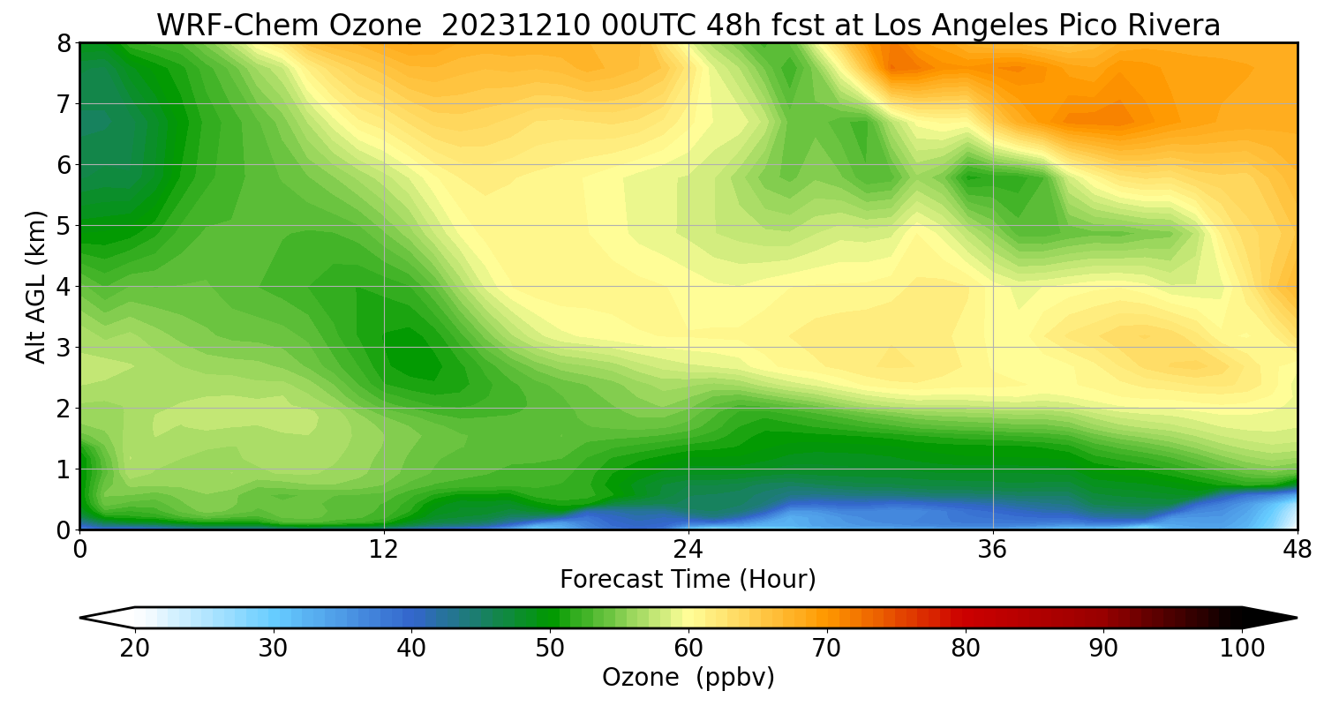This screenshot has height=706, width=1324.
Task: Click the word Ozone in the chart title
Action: [x=375, y=26]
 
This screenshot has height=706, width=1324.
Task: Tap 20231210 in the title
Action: [x=516, y=26]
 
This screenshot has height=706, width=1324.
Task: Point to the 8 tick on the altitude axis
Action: [x=64, y=44]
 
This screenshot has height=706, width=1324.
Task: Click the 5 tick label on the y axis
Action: [x=64, y=226]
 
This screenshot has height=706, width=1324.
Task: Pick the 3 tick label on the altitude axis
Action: [x=64, y=348]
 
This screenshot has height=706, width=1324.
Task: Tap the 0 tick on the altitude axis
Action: [x=64, y=530]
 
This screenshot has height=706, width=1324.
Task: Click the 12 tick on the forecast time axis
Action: [x=384, y=550]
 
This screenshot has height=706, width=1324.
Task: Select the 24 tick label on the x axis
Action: [x=688, y=550]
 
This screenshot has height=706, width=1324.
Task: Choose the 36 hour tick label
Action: [x=992, y=550]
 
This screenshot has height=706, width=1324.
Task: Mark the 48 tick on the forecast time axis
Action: [x=1298, y=550]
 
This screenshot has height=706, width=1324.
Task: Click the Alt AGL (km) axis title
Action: [x=35, y=287]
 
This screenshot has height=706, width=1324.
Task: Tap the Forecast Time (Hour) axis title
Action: [x=688, y=580]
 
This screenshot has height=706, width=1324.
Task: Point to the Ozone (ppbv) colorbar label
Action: [x=688, y=678]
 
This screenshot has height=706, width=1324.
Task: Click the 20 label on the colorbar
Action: [x=135, y=649]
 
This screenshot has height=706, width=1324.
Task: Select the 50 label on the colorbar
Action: [x=550, y=649]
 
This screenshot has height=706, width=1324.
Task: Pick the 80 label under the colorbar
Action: [x=966, y=649]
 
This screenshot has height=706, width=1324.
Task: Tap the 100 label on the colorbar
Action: [x=1242, y=649]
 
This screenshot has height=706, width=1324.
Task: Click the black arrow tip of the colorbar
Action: [x=1297, y=618]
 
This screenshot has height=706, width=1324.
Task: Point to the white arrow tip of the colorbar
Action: [x=81, y=618]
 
